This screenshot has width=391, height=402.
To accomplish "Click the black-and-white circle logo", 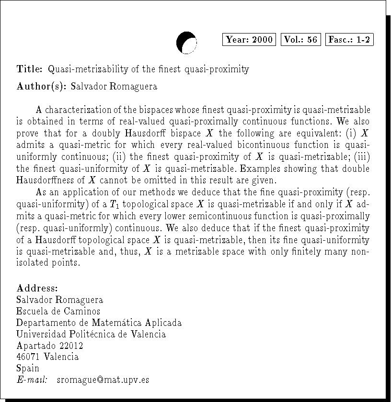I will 186,42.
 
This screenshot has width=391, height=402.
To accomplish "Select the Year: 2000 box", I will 249,40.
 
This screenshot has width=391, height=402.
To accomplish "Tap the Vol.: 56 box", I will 300,40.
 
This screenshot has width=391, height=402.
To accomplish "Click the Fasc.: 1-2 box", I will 349,40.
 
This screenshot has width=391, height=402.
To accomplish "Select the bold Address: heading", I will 37,289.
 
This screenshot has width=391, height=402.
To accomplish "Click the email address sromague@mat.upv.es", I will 103,380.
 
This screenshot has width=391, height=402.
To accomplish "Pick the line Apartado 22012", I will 50,346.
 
